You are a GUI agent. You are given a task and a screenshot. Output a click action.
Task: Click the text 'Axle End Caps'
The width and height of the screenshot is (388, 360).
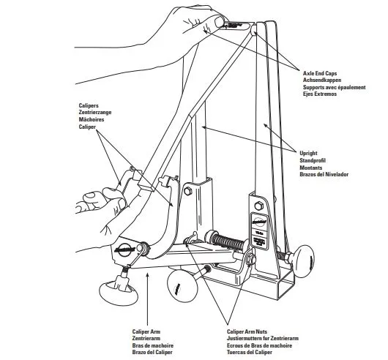click(x=320, y=73)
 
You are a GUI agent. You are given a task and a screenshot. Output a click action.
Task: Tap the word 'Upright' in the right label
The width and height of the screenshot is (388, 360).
click(x=308, y=153)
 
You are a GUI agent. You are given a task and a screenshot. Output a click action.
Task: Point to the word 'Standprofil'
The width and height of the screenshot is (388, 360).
click(x=313, y=160)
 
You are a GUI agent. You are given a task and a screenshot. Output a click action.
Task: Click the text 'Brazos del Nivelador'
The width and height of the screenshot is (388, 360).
click(x=324, y=174)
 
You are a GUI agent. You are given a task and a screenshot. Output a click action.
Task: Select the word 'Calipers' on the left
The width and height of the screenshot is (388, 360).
click(x=89, y=105)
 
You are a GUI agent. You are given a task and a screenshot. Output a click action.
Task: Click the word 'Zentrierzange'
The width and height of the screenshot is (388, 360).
click(x=95, y=112)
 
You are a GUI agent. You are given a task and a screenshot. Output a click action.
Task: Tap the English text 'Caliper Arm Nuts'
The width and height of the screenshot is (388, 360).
click(x=247, y=331)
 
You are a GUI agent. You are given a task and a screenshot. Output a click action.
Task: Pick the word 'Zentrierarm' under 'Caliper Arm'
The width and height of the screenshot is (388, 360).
click(x=146, y=338)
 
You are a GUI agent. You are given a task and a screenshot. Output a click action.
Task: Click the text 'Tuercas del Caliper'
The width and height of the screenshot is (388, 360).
click(x=250, y=352)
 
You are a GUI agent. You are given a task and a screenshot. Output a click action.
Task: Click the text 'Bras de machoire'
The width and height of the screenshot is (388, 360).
click(x=153, y=345)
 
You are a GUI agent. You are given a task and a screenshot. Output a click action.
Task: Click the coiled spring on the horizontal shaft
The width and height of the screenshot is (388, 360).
click(x=228, y=241)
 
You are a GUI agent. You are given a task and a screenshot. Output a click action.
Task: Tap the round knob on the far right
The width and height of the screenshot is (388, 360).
click(x=303, y=262)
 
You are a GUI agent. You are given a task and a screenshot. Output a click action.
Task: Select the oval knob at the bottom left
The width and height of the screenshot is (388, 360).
click(x=119, y=292)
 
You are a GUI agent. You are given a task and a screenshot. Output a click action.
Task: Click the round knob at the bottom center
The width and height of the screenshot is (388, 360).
click(x=182, y=286)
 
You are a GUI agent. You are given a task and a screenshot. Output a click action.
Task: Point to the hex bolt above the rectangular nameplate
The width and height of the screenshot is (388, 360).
click(x=259, y=206)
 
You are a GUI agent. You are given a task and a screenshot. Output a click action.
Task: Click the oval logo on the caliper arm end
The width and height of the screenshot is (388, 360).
click(x=125, y=248)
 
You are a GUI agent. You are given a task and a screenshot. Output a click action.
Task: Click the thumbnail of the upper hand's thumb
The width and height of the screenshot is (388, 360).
click(x=219, y=22)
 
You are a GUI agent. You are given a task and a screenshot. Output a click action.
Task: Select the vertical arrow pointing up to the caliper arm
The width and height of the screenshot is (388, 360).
click(x=147, y=299)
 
